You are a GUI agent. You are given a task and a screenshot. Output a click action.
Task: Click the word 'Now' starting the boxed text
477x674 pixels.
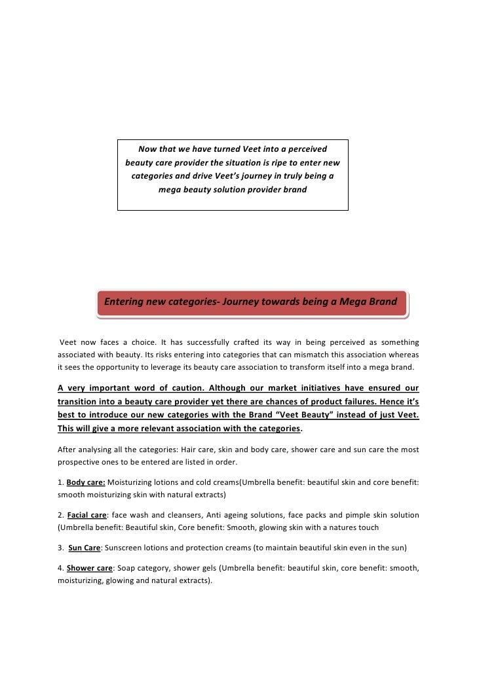tap(149, 149)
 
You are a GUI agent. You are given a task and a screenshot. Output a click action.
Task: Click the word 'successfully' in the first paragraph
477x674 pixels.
tap(210, 342)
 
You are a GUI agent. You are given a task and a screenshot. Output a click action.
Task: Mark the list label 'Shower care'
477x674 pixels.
tap(90, 568)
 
